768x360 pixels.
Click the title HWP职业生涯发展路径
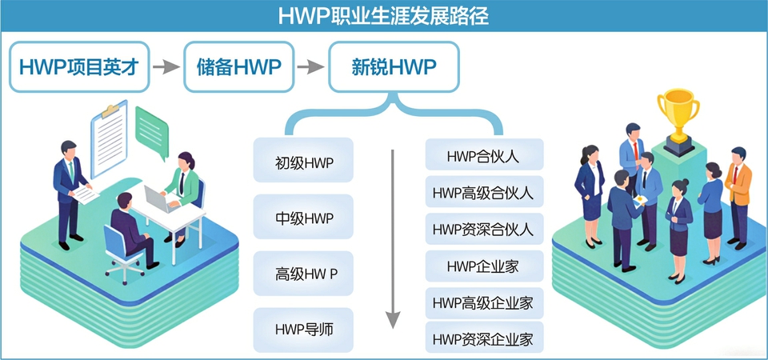[x=383, y=14]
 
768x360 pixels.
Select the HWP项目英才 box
[x=79, y=67]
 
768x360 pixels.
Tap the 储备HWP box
[x=239, y=67]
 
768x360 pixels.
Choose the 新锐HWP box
[x=394, y=67]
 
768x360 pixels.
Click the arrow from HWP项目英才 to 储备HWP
[x=166, y=67]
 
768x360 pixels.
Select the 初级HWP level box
[x=303, y=162]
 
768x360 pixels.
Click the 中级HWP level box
[x=303, y=218]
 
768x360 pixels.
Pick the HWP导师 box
[x=303, y=330]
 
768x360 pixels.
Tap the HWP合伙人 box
[x=483, y=155]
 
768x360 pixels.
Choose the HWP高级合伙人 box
[x=483, y=192]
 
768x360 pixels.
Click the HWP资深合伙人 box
[x=483, y=229]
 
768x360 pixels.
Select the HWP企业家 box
[x=483, y=266]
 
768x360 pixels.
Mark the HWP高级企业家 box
[x=483, y=303]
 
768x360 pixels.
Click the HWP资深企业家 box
[x=483, y=338]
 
